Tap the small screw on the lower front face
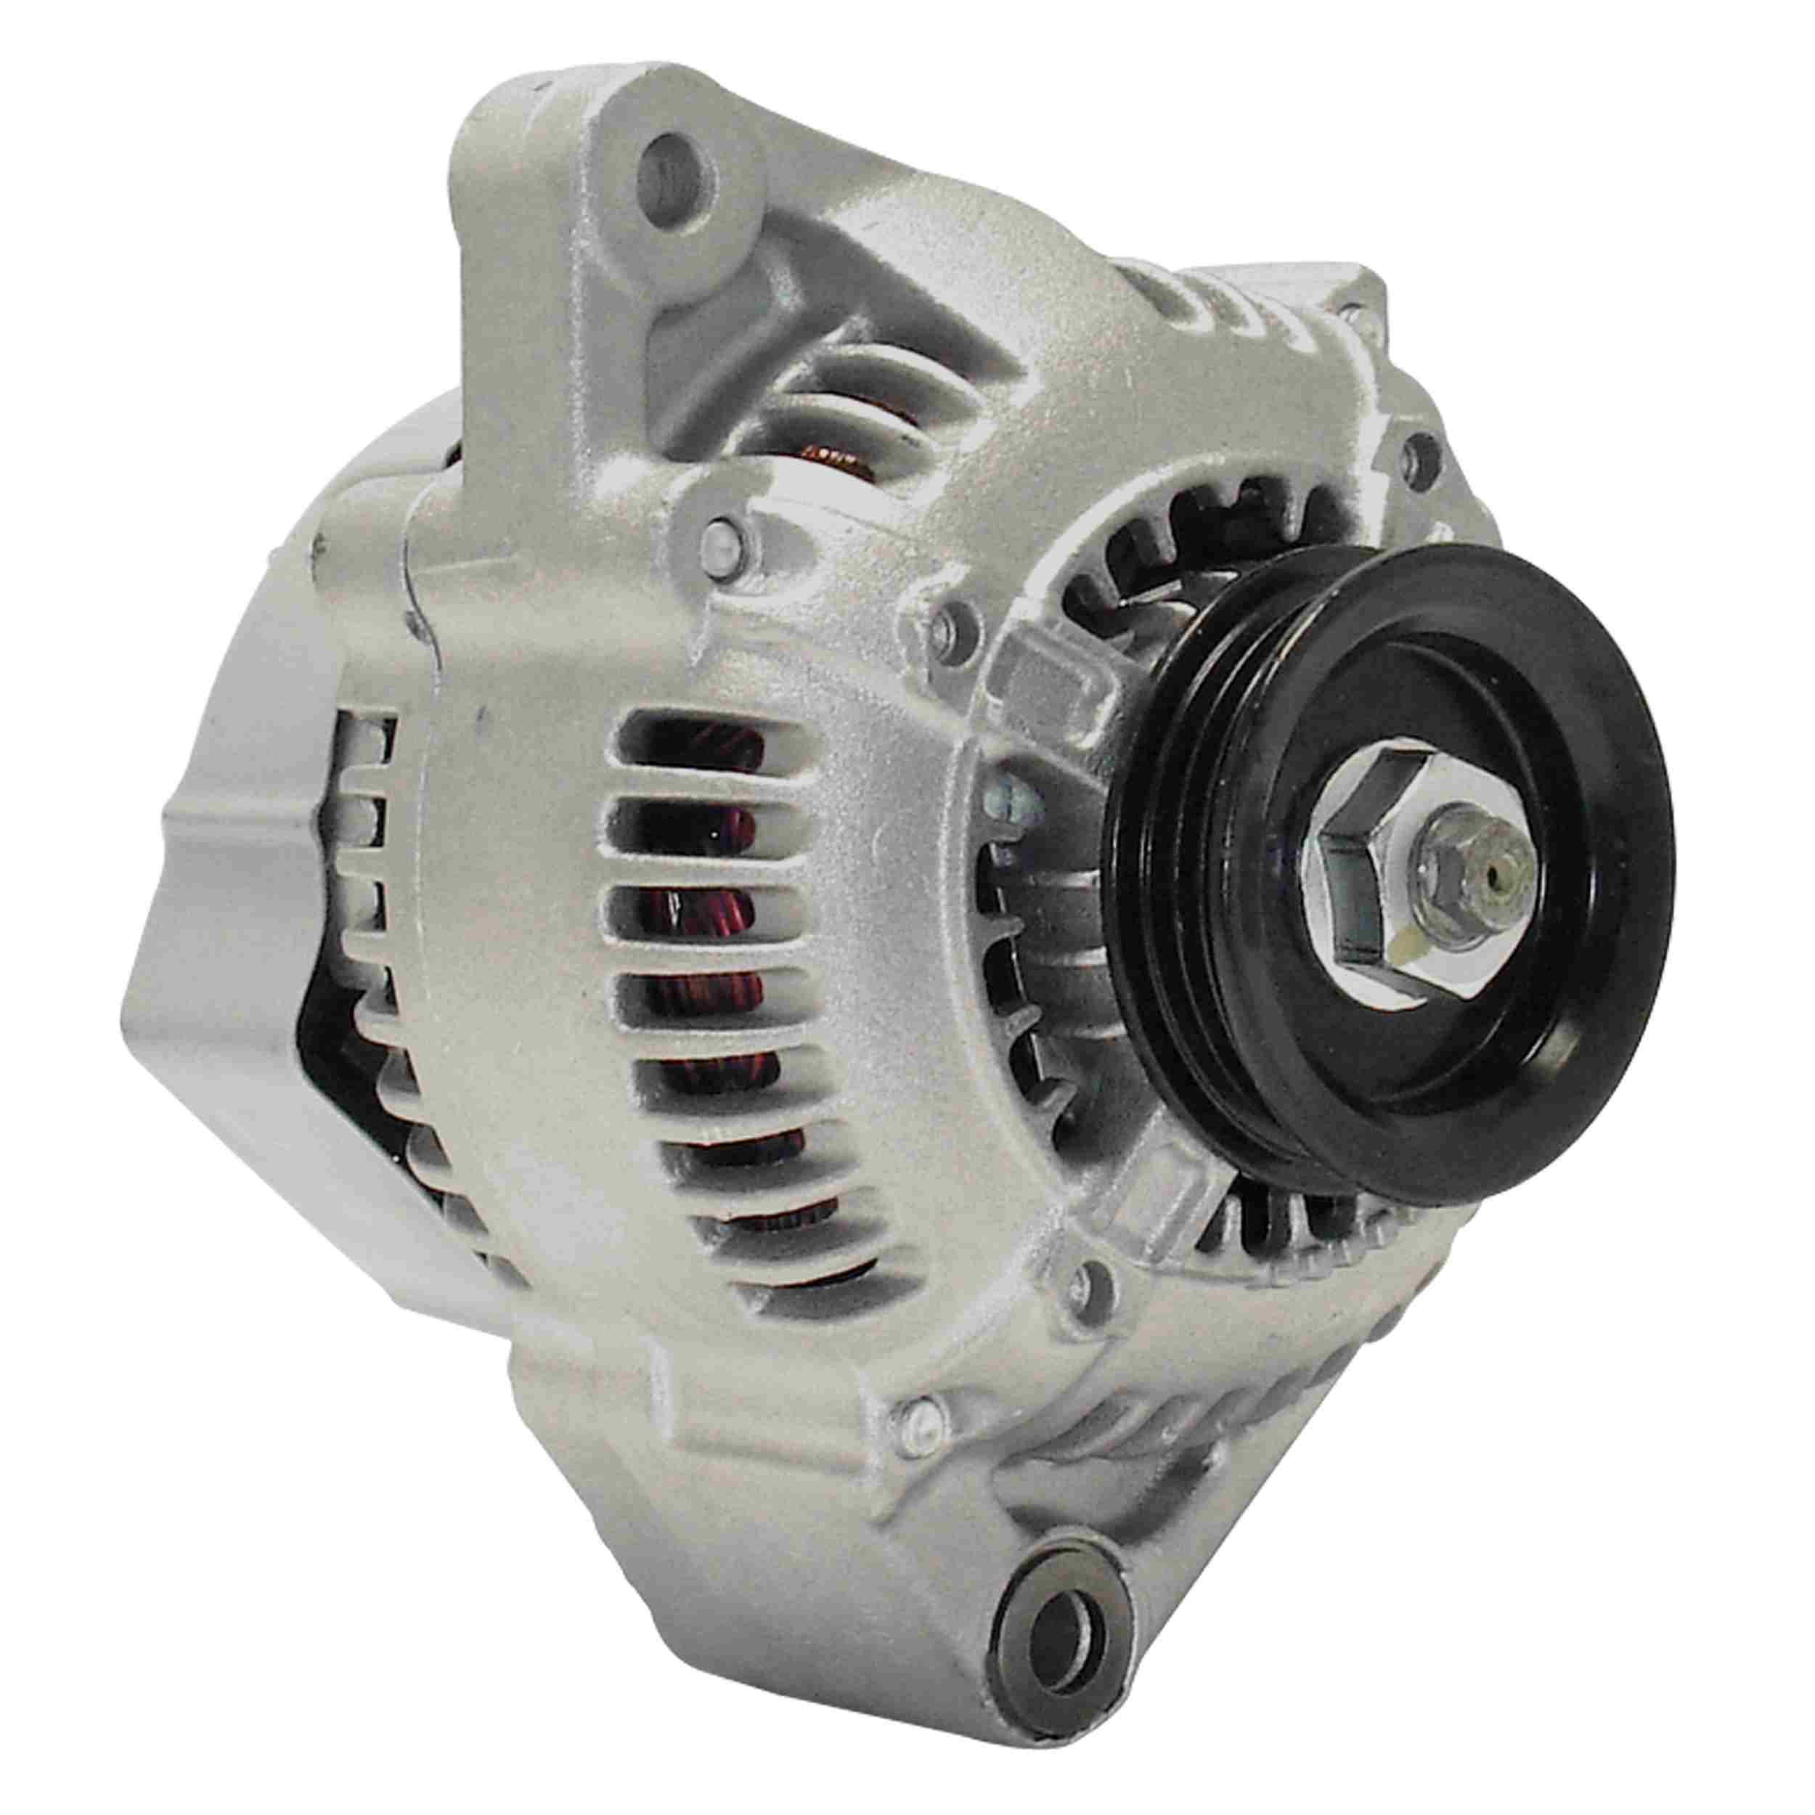(1090, 1277)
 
